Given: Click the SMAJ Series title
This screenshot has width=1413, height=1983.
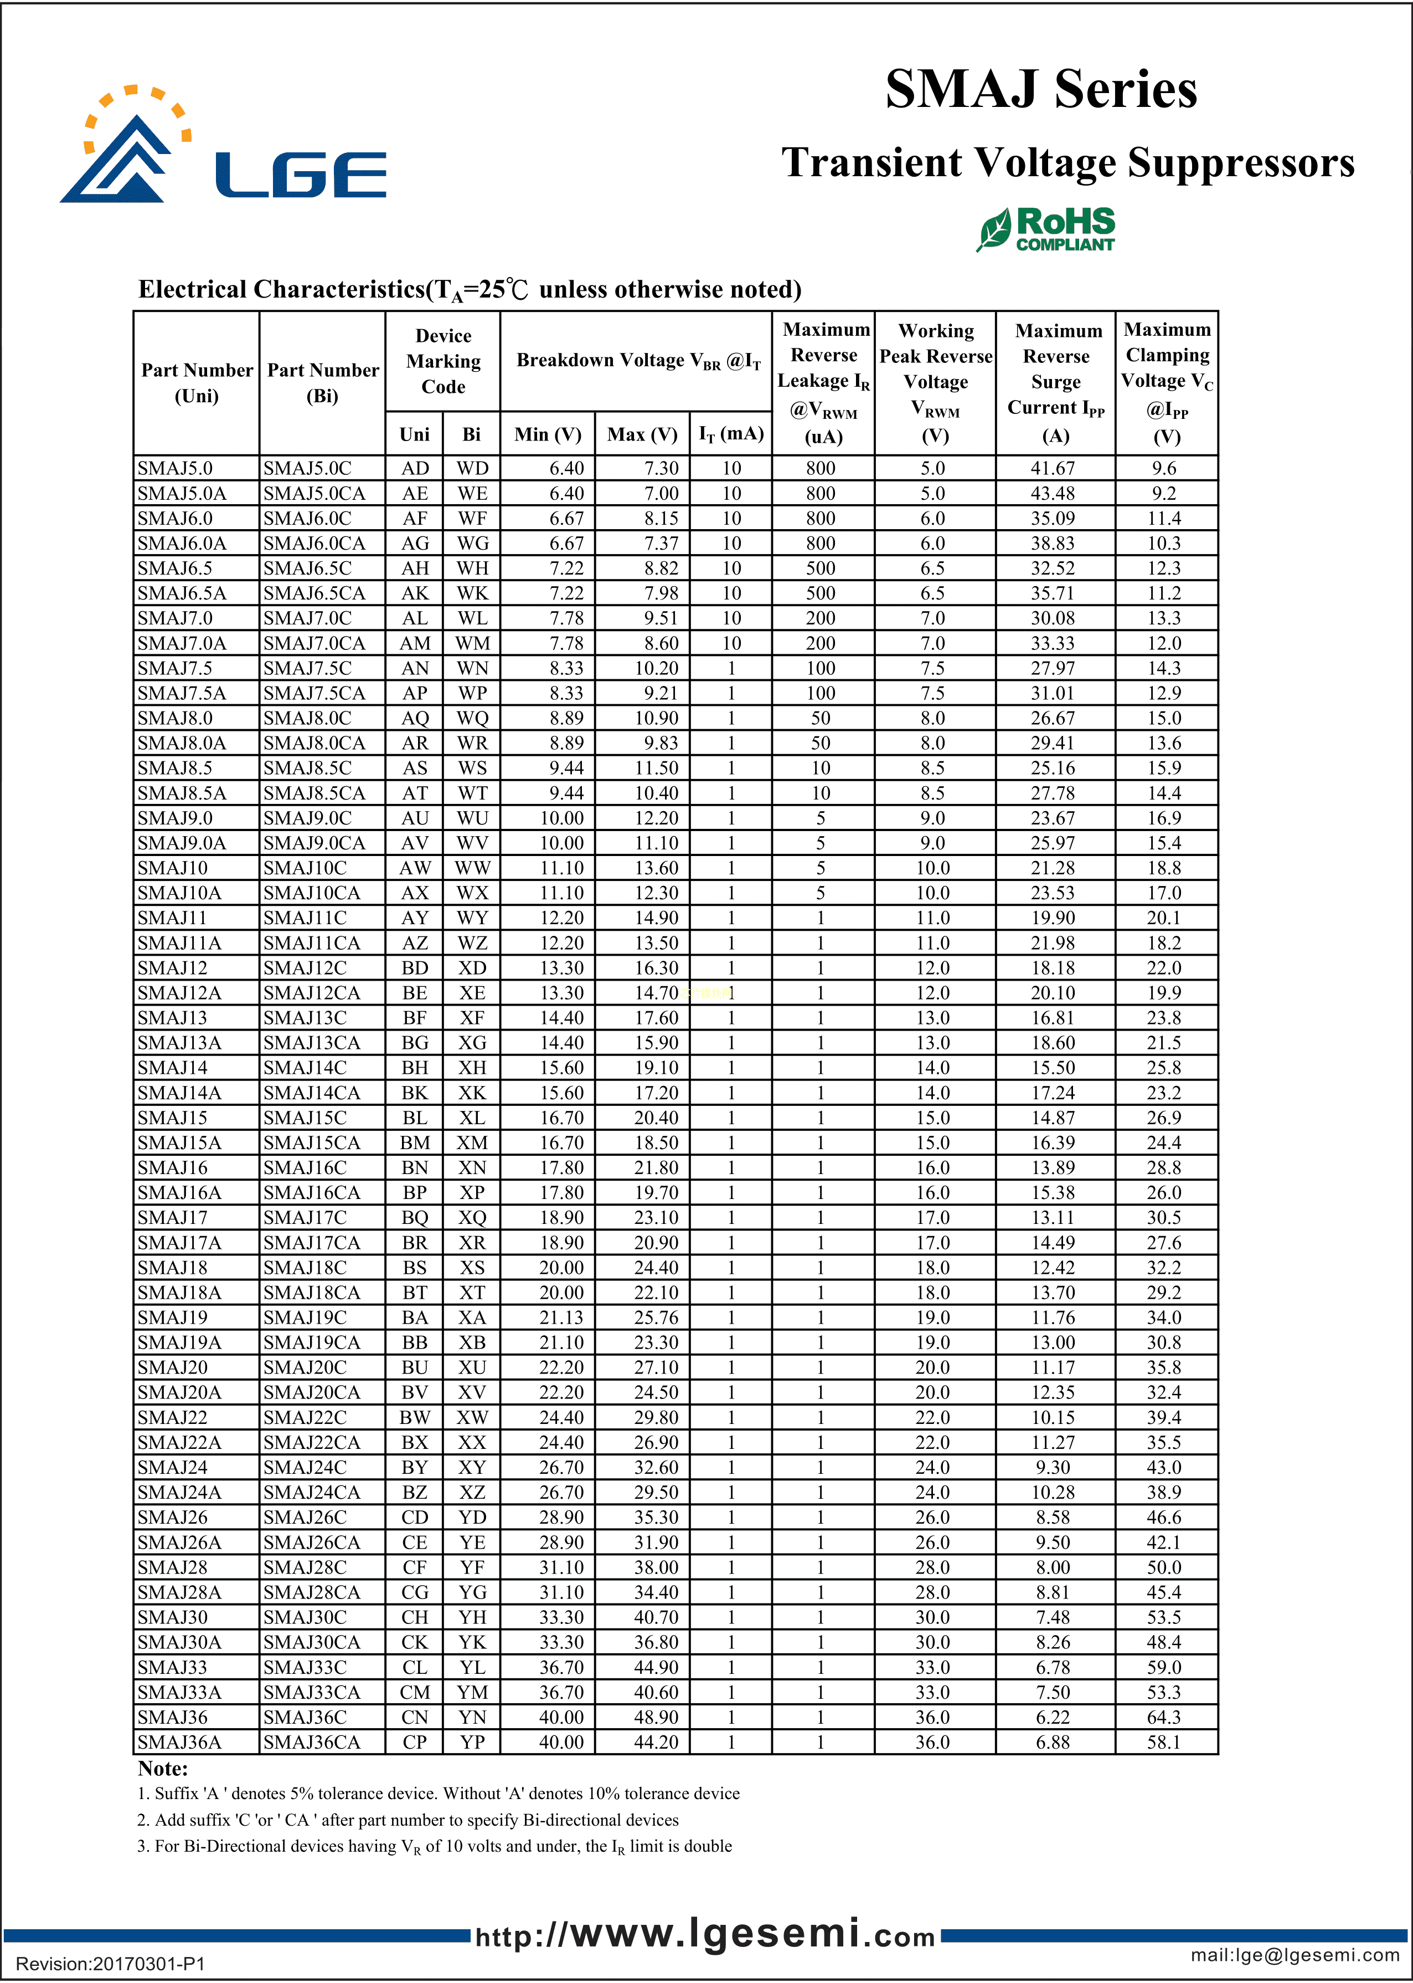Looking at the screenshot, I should tap(1040, 90).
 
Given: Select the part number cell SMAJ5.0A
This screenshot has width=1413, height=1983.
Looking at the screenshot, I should tap(182, 494).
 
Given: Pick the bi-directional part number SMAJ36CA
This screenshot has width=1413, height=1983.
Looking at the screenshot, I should tap(312, 1742).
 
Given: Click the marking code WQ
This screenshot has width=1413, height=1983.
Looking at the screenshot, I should tap(472, 718).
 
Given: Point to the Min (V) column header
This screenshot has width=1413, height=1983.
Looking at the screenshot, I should tap(548, 434).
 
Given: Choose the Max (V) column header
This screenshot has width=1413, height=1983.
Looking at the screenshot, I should tap(642, 434).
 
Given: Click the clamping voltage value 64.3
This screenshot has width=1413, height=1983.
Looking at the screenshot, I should tap(1164, 1716).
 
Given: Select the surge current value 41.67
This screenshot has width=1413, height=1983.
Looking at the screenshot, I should tap(1053, 468).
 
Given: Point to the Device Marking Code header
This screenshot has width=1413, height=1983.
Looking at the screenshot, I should tap(443, 361).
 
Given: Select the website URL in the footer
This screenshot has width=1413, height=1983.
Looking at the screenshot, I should tap(705, 1935).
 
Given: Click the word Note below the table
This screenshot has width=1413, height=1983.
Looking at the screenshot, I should tap(163, 1769).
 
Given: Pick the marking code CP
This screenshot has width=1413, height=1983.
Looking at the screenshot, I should tap(415, 1742).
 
